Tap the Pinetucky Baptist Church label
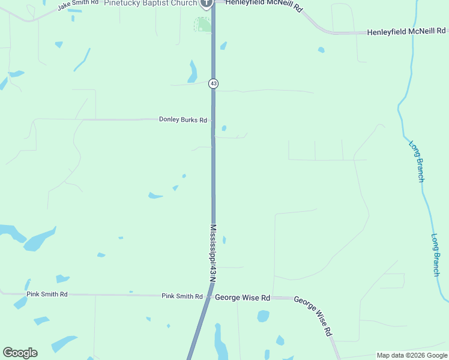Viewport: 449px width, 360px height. click(x=150, y=4)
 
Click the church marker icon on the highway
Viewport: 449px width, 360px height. click(x=206, y=4)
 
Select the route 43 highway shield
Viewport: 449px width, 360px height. click(x=213, y=83)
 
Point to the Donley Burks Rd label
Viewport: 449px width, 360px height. click(x=183, y=120)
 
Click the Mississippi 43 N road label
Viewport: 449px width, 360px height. click(x=213, y=253)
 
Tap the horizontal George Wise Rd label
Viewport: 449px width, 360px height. click(x=243, y=298)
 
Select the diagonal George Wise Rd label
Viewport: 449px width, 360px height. click(x=313, y=315)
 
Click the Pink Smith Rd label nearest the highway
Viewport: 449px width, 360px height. click(x=182, y=296)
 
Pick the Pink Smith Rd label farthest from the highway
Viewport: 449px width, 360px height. click(x=47, y=295)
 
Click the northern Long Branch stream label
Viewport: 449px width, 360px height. click(x=417, y=161)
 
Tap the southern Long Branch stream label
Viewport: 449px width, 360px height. click(x=436, y=254)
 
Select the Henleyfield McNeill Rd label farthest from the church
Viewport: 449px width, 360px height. click(x=407, y=31)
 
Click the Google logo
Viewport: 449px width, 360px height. click(x=20, y=353)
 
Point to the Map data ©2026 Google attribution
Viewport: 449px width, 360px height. click(x=411, y=355)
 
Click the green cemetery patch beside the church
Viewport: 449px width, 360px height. click(x=203, y=25)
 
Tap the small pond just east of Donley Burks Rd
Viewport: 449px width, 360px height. click(x=224, y=128)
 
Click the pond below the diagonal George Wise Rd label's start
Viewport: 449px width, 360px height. click(x=263, y=316)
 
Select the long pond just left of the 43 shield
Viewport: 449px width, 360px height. click(x=193, y=72)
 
